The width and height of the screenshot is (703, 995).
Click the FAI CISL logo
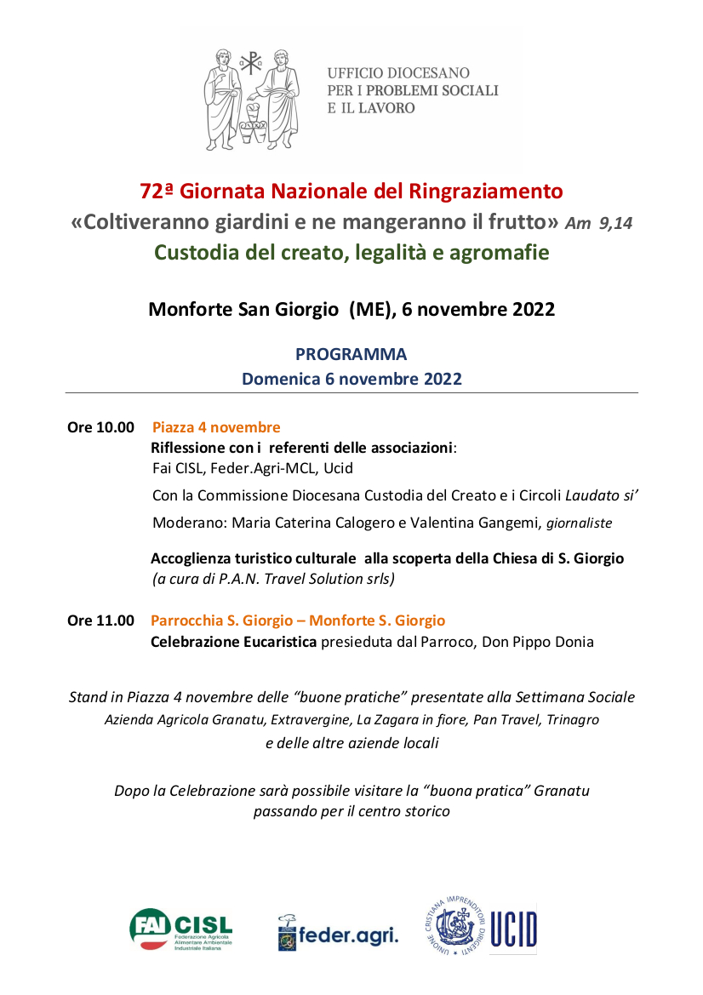180,929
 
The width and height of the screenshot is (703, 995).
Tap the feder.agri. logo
338,933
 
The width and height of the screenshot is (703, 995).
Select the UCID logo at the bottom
481,926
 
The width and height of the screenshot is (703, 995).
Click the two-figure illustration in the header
252,99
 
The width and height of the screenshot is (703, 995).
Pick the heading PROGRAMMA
351,354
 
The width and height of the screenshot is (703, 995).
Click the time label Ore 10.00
100,427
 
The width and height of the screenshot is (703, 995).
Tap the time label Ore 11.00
100,620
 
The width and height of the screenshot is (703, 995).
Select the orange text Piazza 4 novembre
216,427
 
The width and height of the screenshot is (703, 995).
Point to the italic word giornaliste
579,523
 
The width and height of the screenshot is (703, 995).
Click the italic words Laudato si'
602,495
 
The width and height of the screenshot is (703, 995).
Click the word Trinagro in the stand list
572,719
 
